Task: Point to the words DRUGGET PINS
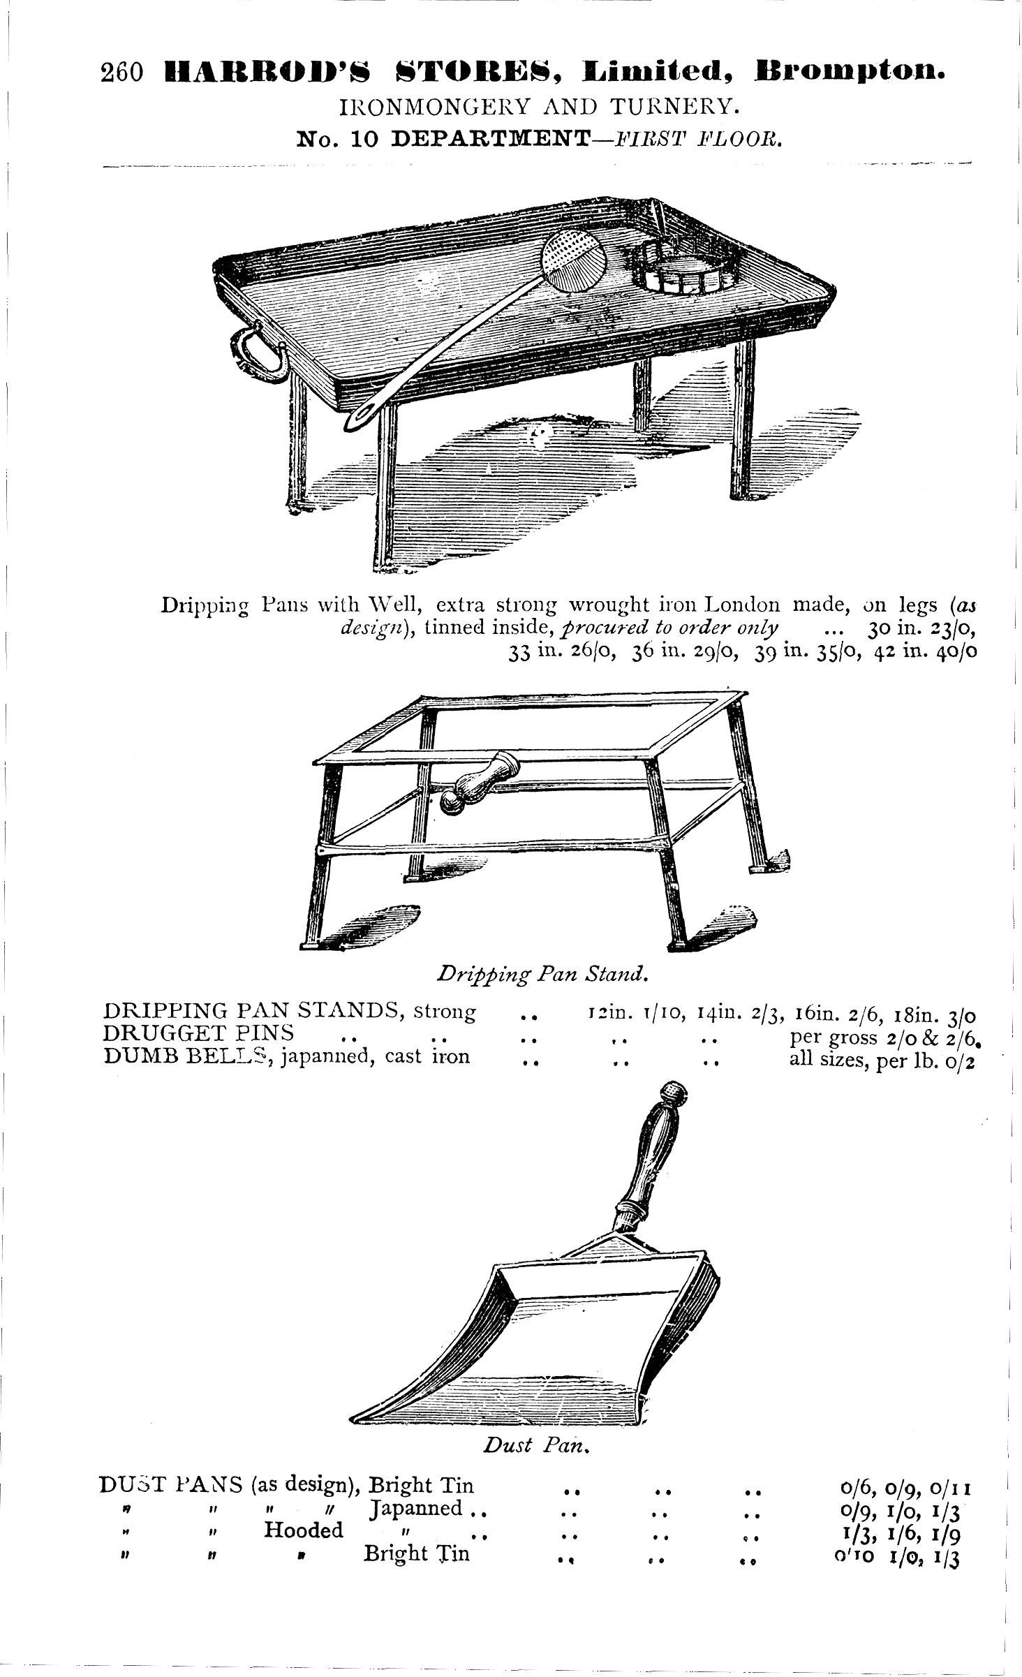tap(198, 1033)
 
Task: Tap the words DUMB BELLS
tap(186, 1056)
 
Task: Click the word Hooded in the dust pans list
tap(304, 1530)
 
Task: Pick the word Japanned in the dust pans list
tap(417, 1508)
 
